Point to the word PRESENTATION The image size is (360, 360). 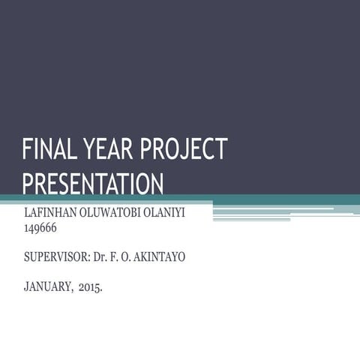(x=93, y=184)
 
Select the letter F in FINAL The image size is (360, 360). (x=28, y=150)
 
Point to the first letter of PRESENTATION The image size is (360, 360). (x=28, y=184)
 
